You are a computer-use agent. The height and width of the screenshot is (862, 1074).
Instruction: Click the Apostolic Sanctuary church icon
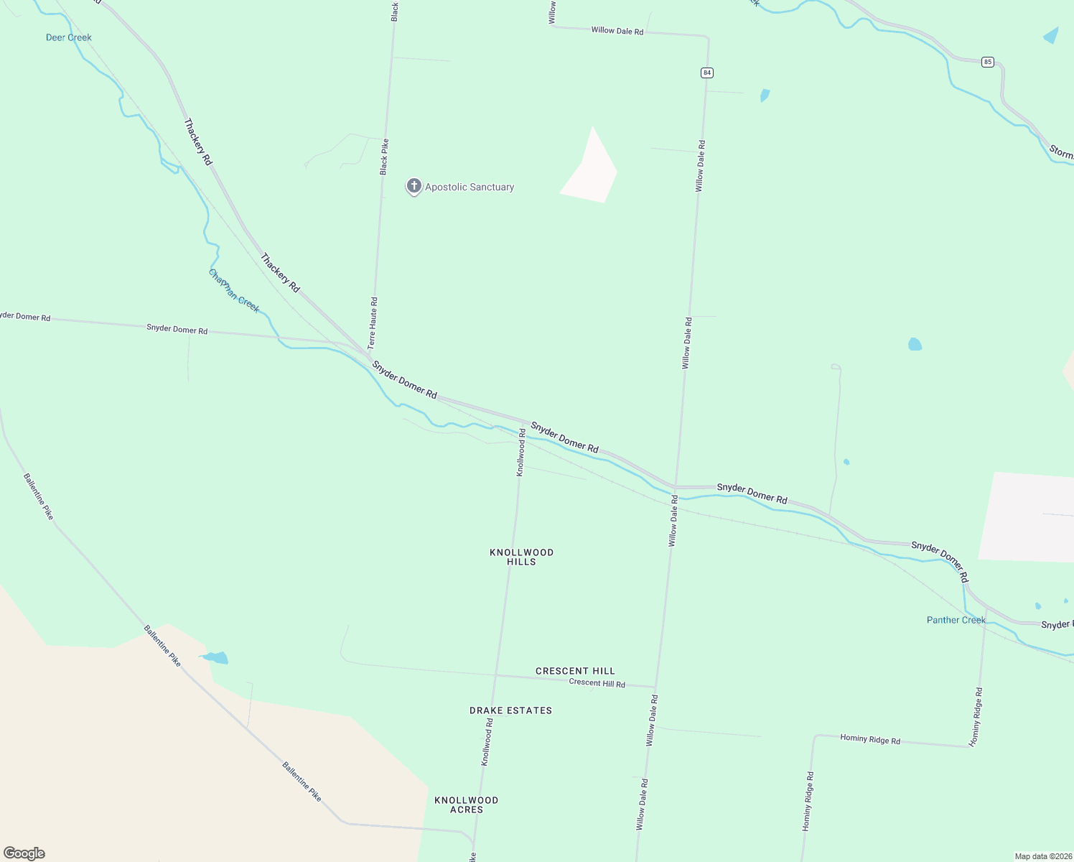tap(414, 186)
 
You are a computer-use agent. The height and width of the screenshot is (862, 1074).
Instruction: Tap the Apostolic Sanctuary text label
tap(470, 187)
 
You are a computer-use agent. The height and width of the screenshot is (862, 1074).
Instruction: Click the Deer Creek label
tap(69, 37)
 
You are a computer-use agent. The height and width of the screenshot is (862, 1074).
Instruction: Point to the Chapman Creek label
tap(234, 291)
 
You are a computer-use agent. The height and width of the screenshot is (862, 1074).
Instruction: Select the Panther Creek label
tap(956, 620)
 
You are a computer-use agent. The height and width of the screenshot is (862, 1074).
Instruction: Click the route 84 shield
tap(707, 73)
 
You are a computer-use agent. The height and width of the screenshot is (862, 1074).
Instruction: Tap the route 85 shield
tap(988, 62)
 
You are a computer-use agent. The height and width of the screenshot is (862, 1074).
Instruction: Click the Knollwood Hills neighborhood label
tap(521, 557)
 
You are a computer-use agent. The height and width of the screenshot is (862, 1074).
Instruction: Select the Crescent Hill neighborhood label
tap(575, 671)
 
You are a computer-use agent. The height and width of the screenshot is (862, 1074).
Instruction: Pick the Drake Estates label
tap(510, 710)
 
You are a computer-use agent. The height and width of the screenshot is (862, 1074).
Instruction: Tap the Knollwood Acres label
tap(466, 805)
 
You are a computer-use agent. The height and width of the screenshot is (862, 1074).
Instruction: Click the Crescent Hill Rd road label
tap(597, 682)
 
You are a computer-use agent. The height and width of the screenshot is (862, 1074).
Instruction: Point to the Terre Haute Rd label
tap(373, 323)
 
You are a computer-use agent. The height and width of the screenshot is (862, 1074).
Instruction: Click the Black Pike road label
tap(384, 157)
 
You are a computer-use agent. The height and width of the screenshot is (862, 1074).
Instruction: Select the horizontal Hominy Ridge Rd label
tap(870, 738)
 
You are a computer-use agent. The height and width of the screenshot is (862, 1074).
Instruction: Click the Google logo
tap(24, 853)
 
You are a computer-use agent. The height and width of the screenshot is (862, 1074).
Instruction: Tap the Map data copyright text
tap(1042, 856)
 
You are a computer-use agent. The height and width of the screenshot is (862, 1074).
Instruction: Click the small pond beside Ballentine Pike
tap(215, 657)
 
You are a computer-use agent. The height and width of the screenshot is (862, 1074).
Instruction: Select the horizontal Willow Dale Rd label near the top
tap(617, 31)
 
